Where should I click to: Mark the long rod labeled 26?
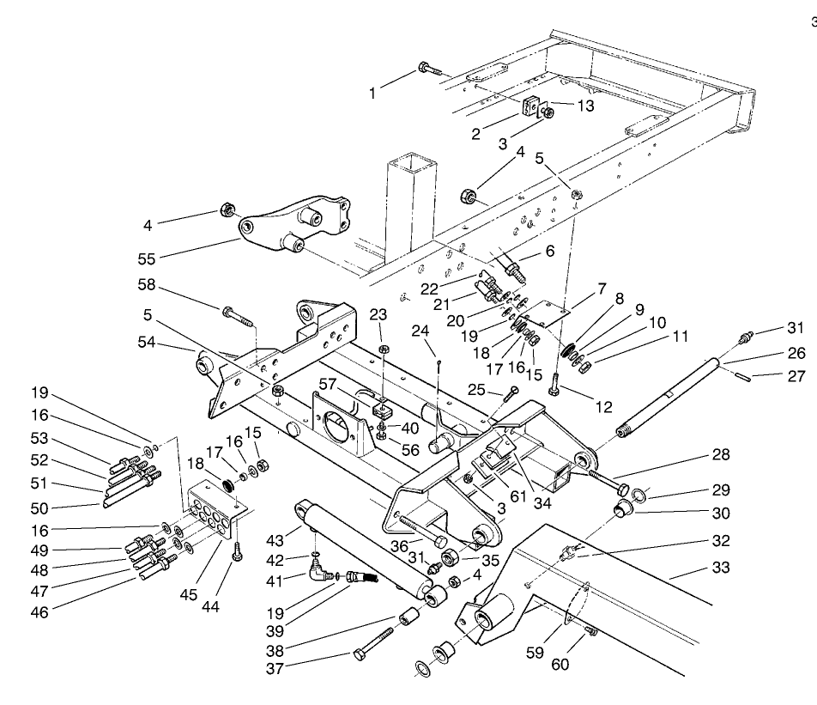pos(669,395)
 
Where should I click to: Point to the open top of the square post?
pos(410,163)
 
